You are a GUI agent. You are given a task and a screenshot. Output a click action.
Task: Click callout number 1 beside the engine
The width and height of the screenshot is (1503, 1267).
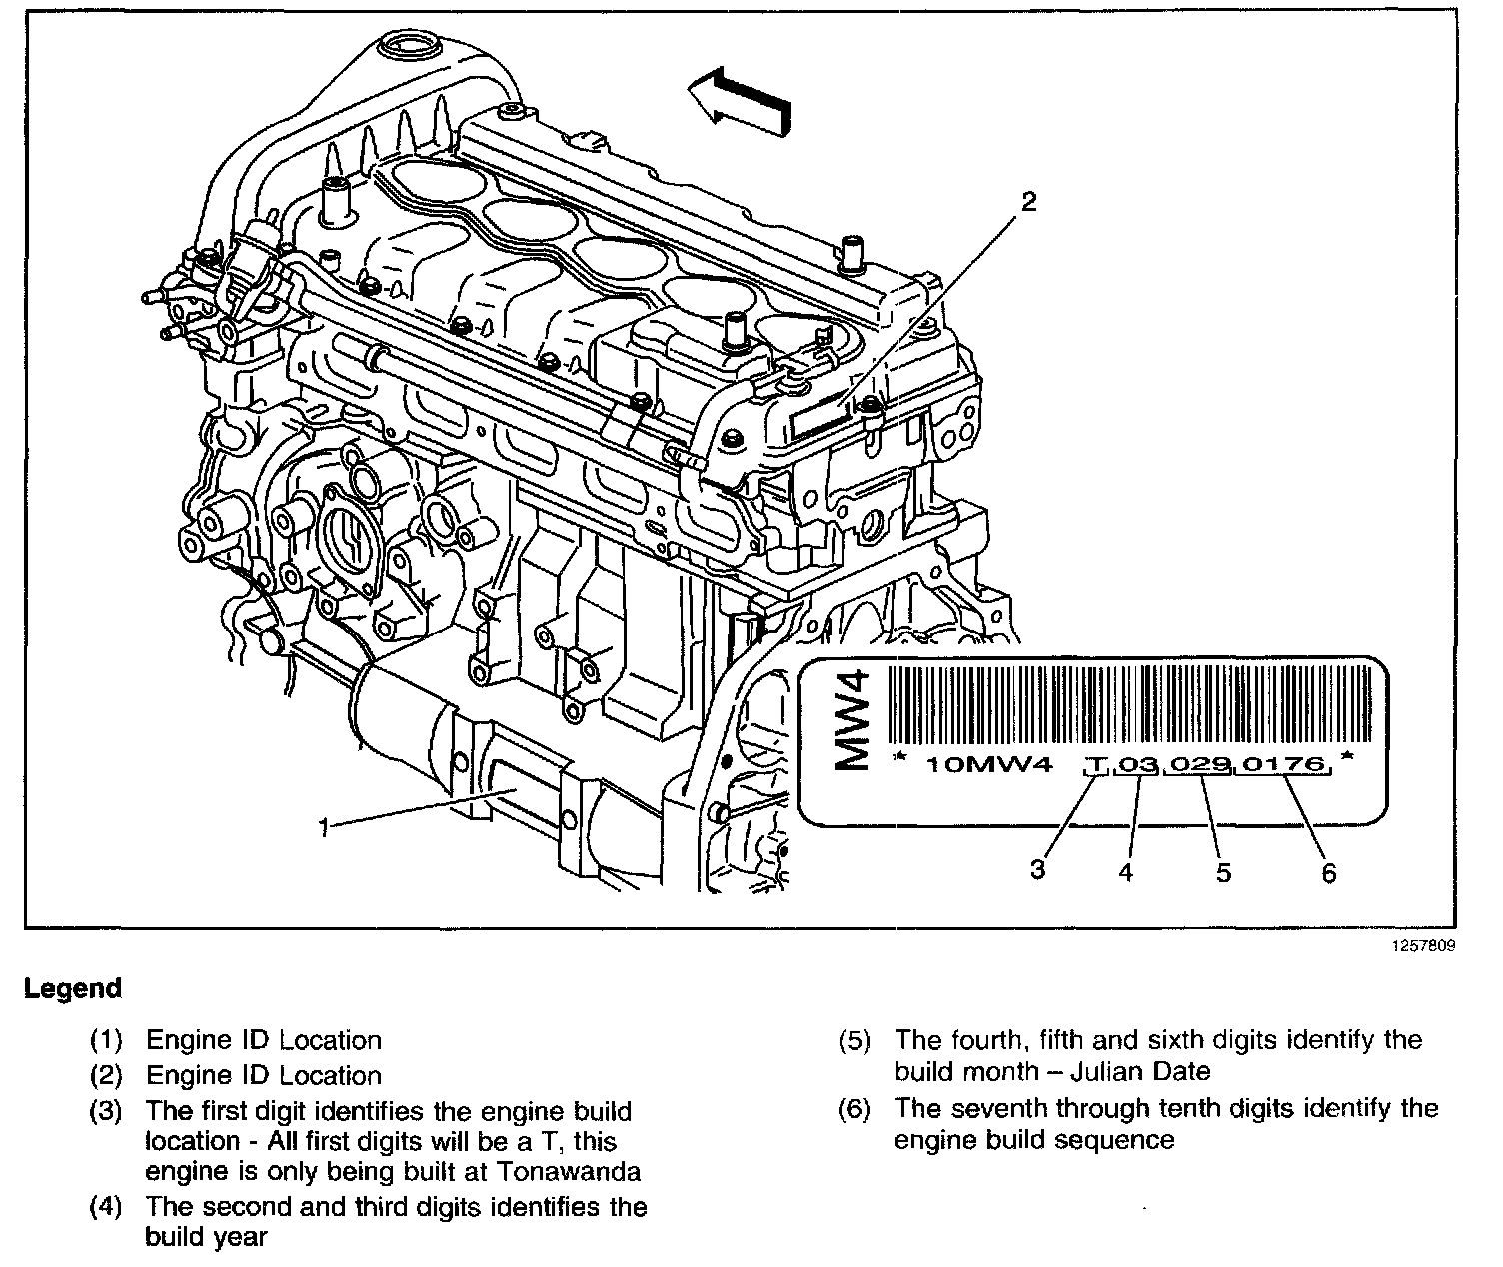click(323, 827)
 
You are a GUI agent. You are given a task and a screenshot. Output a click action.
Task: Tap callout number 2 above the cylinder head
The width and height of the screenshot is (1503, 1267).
click(1027, 202)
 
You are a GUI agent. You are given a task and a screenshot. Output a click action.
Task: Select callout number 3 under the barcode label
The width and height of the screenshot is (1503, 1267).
click(1038, 869)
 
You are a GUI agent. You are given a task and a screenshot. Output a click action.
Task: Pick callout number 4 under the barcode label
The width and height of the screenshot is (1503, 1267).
click(1126, 871)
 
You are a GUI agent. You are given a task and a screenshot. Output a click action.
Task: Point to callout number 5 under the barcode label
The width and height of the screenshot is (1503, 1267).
click(1223, 871)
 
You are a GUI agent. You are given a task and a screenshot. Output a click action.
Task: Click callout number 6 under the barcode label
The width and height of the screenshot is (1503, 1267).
click(1328, 871)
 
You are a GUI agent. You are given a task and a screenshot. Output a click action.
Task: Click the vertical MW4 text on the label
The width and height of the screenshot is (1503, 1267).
click(852, 721)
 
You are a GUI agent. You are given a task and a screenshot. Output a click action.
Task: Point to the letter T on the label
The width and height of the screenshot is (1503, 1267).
click(1097, 767)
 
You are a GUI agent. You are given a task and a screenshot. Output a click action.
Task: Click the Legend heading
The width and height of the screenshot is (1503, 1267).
click(73, 989)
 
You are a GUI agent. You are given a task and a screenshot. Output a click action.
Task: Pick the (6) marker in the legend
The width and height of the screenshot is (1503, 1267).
click(855, 1108)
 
